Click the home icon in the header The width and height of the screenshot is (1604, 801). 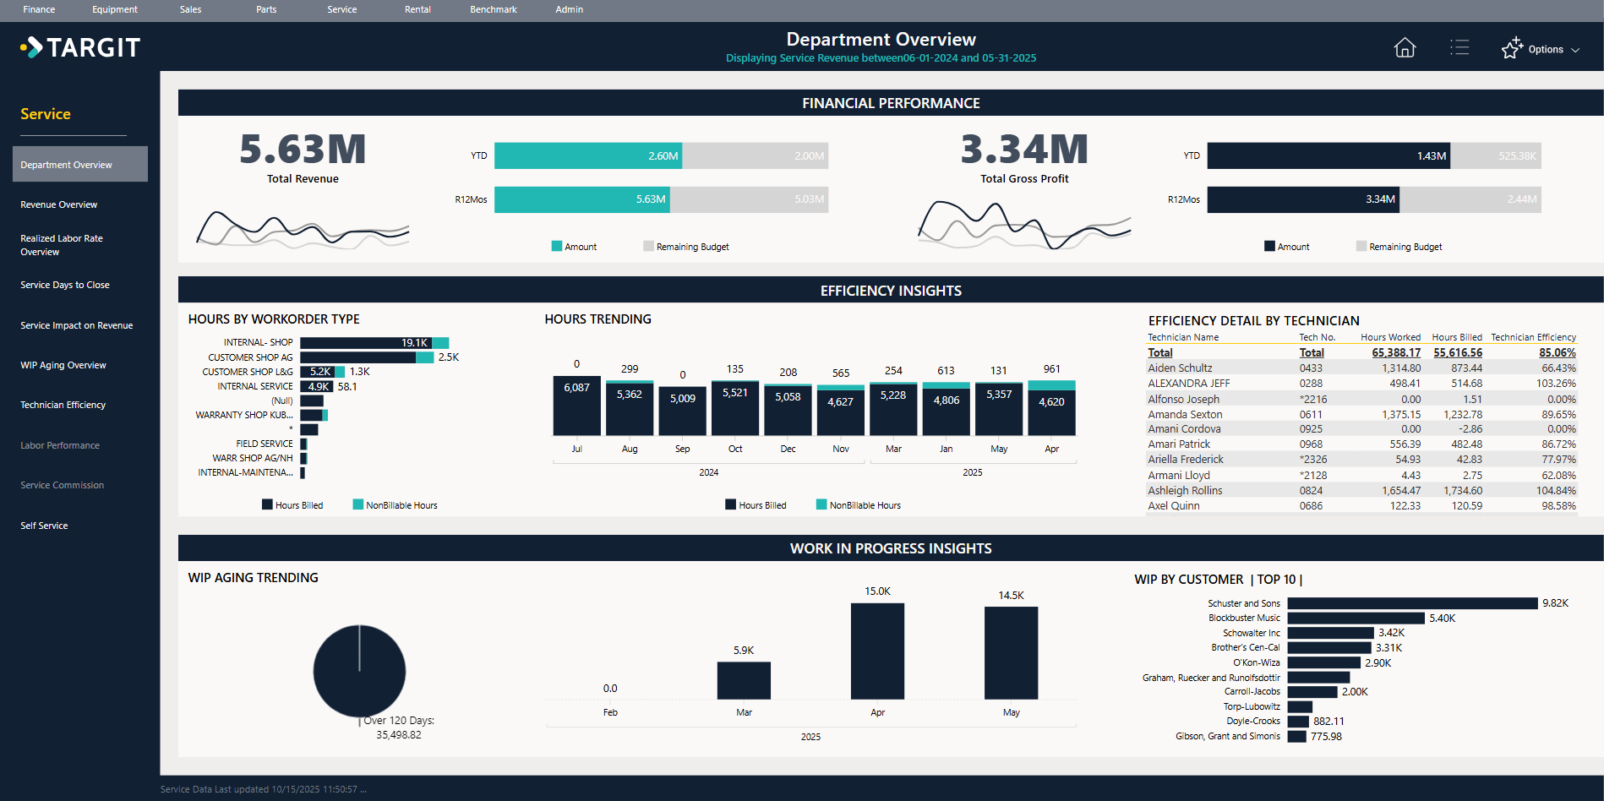(x=1405, y=48)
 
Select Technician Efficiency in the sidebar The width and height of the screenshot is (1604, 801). (x=63, y=405)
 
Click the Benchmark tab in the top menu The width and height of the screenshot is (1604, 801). (x=493, y=9)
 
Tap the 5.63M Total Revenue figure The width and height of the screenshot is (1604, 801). (x=303, y=150)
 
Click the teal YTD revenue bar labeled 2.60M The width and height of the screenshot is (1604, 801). (x=587, y=155)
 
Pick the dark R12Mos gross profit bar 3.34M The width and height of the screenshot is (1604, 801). (x=1302, y=199)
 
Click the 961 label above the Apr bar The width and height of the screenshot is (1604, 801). (x=1051, y=369)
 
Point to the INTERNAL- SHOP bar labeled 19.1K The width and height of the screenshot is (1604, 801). (x=365, y=343)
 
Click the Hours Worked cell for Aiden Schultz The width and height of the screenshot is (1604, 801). (x=1400, y=368)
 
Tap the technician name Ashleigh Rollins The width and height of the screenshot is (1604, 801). (x=1185, y=491)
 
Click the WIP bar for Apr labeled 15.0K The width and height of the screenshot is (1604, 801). (x=877, y=651)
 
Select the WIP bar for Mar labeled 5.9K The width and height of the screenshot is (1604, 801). (x=744, y=680)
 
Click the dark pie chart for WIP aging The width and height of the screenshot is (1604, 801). (x=359, y=672)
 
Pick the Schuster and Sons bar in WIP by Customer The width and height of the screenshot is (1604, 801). (x=1411, y=603)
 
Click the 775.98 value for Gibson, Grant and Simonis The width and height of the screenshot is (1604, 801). (x=1326, y=737)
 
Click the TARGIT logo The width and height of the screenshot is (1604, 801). (x=81, y=47)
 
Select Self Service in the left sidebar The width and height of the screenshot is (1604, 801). (x=44, y=526)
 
